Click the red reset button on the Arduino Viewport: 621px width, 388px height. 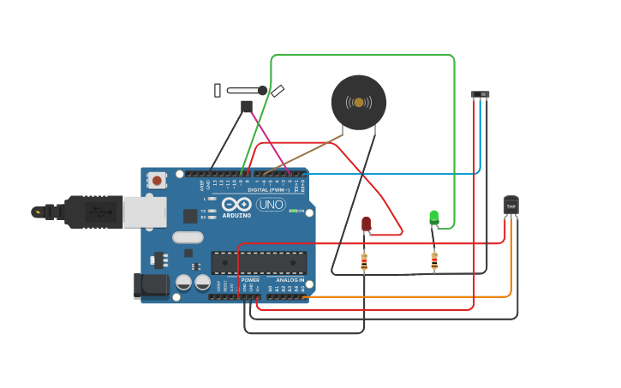tap(157, 180)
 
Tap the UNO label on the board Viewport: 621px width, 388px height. tap(272, 205)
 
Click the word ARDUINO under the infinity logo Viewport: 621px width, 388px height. tap(236, 216)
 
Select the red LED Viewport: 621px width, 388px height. tap(366, 224)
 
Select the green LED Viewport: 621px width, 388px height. tap(434, 217)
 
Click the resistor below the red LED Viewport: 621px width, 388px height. tap(364, 261)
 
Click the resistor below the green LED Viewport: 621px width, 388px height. tap(434, 260)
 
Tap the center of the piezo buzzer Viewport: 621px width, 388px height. tap(359, 102)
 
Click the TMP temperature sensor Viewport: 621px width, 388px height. tap(511, 206)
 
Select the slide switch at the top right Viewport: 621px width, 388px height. tap(481, 94)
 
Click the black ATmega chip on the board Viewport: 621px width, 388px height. tap(259, 262)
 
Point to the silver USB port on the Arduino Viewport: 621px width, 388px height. tap(144, 212)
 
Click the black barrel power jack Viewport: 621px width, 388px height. tap(151, 286)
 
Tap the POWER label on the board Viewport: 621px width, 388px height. tap(250, 280)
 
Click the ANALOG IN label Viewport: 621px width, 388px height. tap(290, 280)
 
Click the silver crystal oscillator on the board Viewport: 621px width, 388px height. tap(188, 237)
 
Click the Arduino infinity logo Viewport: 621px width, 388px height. tap(236, 204)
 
